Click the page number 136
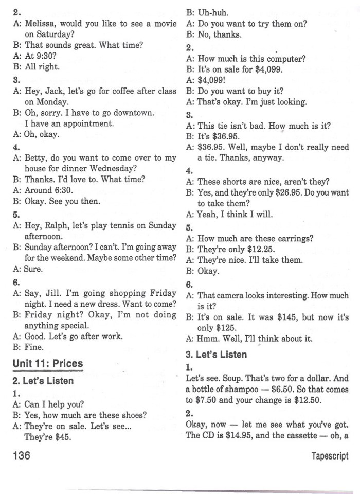[22, 456]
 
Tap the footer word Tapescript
[329, 456]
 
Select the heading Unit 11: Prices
[48, 364]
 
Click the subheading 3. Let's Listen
[216, 354]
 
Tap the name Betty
[35, 158]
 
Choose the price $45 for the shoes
[63, 438]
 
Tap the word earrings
[295, 238]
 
